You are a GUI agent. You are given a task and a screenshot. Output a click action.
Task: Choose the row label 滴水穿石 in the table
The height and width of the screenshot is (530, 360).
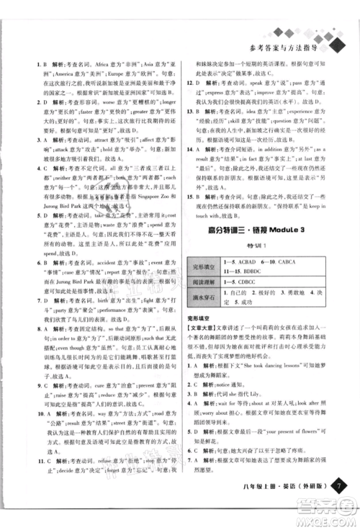(x=199, y=320)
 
